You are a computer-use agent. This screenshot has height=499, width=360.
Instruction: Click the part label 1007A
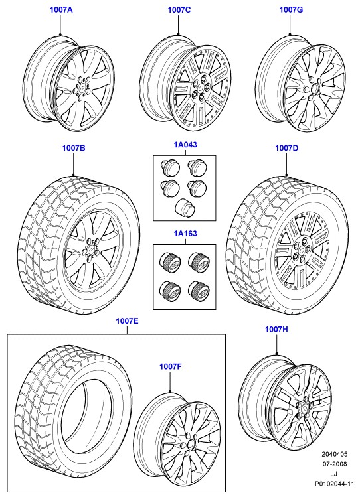[61, 10]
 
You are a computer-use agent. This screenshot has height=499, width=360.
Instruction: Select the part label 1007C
[179, 10]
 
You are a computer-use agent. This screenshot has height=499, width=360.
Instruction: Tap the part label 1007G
[291, 10]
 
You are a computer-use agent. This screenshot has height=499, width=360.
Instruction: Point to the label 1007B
[74, 148]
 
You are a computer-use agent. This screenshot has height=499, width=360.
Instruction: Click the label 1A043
[185, 145]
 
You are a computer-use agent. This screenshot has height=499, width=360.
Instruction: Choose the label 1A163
[185, 234]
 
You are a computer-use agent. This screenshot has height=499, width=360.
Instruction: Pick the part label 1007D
[287, 148]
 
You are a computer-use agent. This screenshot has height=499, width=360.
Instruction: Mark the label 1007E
[127, 321]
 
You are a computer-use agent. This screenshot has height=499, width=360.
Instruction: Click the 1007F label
[171, 366]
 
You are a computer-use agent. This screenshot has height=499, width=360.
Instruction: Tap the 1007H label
[276, 329]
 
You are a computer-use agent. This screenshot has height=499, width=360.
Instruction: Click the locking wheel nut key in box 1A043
[184, 207]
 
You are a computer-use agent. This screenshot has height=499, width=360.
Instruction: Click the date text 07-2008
[335, 464]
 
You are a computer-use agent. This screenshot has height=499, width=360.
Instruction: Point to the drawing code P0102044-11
[335, 484]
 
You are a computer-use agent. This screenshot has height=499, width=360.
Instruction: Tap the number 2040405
[335, 454]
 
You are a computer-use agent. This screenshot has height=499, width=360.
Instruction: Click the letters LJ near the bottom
[334, 474]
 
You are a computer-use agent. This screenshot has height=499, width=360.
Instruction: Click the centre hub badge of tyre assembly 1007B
[91, 249]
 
